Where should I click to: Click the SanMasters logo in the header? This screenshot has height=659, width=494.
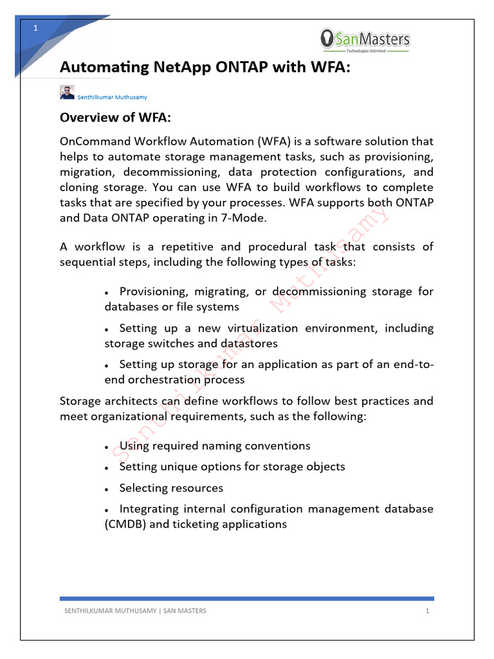tap(365, 41)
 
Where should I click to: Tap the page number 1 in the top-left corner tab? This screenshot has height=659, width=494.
tap(36, 28)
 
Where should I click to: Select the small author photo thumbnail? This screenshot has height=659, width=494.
tap(67, 92)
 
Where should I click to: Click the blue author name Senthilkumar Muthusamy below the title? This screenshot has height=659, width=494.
tap(113, 97)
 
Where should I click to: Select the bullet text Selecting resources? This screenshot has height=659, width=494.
tap(171, 488)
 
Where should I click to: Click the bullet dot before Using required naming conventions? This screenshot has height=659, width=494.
tap(105, 447)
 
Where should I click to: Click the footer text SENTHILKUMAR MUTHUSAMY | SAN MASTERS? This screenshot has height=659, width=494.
tap(133, 611)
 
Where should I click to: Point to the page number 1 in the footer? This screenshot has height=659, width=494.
tap(426, 611)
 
